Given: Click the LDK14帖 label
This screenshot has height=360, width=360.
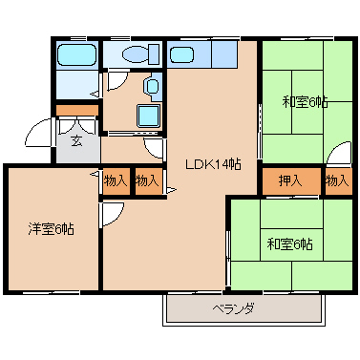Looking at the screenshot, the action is (x=213, y=164).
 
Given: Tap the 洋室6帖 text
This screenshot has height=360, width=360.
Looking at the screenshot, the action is (x=52, y=228).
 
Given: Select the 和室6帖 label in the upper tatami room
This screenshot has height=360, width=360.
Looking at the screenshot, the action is (x=305, y=102).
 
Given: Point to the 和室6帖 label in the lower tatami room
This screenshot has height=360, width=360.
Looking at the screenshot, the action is (x=289, y=244).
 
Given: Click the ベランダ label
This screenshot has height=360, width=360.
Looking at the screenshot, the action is (x=233, y=308).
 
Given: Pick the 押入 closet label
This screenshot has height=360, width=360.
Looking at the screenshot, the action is (x=290, y=181).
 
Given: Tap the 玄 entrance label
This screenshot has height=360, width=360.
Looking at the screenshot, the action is (x=76, y=140).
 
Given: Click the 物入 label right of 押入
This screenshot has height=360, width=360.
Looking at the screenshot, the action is (x=337, y=181).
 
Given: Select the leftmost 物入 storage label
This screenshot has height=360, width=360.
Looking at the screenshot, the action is (x=116, y=181).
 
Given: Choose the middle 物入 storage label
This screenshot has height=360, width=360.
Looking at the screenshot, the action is (x=147, y=181).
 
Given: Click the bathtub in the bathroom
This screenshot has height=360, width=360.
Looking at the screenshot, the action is (x=76, y=54).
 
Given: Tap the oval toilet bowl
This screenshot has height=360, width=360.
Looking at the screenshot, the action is (x=135, y=54).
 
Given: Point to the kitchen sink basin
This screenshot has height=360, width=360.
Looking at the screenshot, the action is (x=181, y=54).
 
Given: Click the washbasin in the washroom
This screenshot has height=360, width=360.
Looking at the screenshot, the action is (x=153, y=86).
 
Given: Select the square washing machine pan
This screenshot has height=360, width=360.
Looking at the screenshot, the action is (x=148, y=116).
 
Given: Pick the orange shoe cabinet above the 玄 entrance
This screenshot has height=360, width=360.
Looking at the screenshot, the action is (x=77, y=110).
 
